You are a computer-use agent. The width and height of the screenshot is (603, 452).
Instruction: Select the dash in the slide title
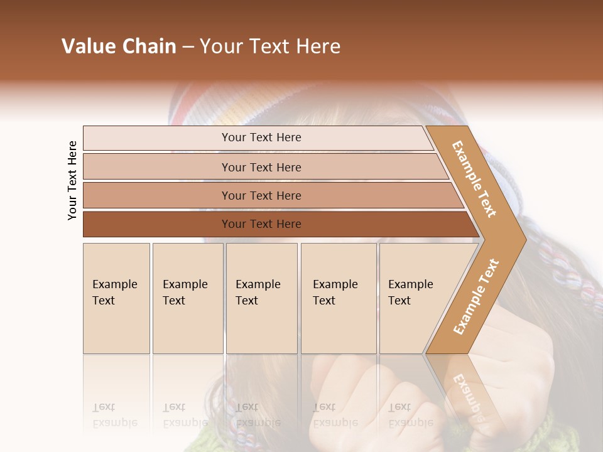(188, 47)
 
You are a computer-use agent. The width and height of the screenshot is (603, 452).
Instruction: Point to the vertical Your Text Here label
(72, 181)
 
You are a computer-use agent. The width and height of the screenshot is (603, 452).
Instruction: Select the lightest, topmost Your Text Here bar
(261, 137)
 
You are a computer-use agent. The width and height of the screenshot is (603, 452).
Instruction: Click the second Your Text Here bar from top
(261, 167)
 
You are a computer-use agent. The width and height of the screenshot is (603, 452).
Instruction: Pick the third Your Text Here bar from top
(261, 195)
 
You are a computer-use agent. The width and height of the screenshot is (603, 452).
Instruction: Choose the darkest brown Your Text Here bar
(261, 224)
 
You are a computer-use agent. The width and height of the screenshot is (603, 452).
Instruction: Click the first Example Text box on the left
(116, 298)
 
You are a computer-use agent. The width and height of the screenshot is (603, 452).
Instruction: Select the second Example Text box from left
(187, 298)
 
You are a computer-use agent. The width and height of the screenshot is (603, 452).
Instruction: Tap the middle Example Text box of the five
(261, 298)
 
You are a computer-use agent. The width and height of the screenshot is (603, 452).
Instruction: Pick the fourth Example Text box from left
(338, 298)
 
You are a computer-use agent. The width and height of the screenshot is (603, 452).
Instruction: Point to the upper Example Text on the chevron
(474, 179)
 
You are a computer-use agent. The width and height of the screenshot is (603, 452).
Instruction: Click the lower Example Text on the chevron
(476, 296)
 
